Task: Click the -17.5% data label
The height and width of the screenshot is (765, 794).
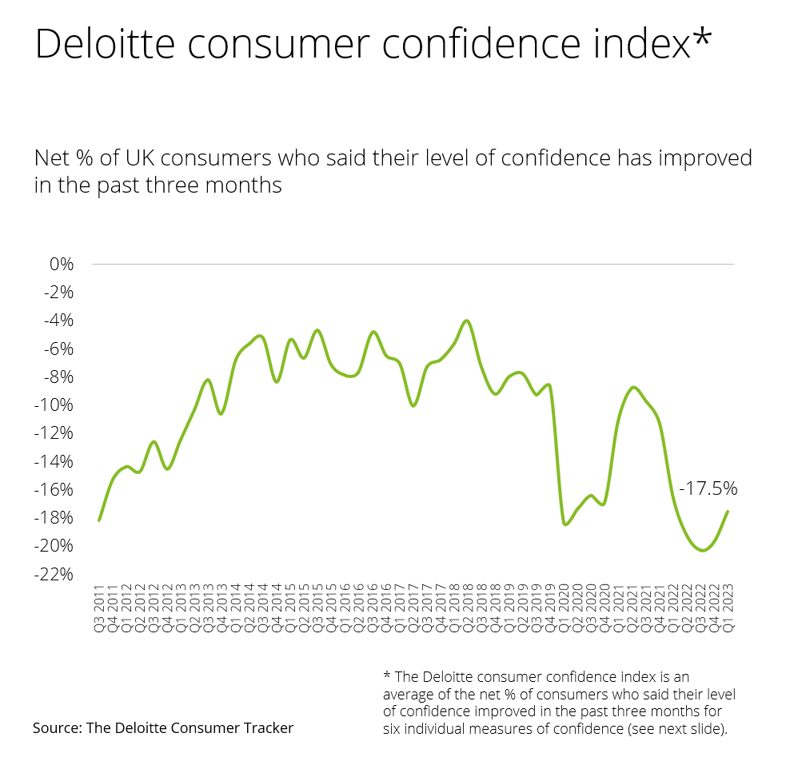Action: coord(708,488)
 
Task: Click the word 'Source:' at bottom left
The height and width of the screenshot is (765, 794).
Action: coord(57,727)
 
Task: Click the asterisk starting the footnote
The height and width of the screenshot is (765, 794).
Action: coord(387,675)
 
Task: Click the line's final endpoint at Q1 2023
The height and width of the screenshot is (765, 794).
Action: coord(728,512)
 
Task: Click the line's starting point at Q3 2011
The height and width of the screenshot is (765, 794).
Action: coord(99,520)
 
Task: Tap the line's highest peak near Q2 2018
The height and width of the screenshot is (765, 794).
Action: coord(466,321)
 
